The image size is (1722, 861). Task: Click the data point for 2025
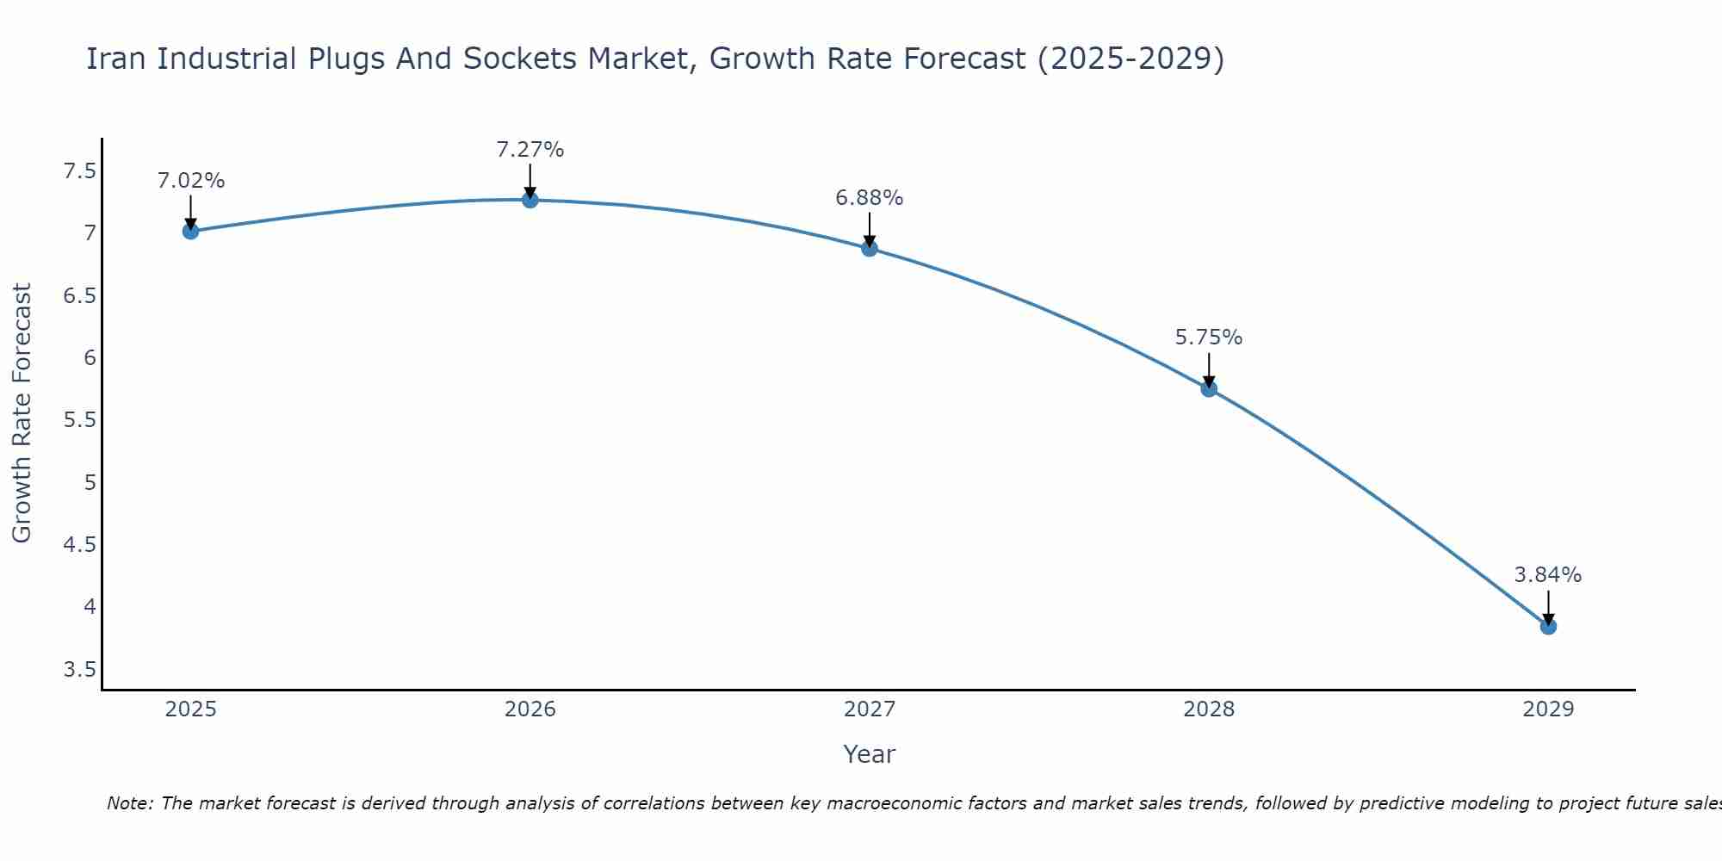point(191,231)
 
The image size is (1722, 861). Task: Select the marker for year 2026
point(530,200)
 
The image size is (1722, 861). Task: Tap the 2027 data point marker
point(870,249)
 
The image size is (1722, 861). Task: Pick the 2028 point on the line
point(1209,389)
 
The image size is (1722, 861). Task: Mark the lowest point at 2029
point(1548,627)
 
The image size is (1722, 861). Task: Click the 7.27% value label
point(530,150)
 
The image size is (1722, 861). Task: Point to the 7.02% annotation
point(191,181)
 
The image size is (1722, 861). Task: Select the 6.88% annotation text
point(870,198)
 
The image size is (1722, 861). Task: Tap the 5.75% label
point(1209,338)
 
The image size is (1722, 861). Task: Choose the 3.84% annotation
point(1548,575)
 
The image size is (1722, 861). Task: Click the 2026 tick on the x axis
point(530,709)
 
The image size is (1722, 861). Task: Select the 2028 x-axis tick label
point(1209,709)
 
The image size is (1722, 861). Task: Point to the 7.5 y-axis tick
point(79,171)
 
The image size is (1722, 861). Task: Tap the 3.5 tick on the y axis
point(79,670)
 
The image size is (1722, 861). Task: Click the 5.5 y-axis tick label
point(79,420)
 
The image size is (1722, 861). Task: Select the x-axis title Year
point(870,754)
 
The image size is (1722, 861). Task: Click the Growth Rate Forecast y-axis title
point(22,413)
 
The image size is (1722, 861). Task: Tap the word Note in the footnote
point(129,803)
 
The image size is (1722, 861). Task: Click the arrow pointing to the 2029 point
point(1548,607)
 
